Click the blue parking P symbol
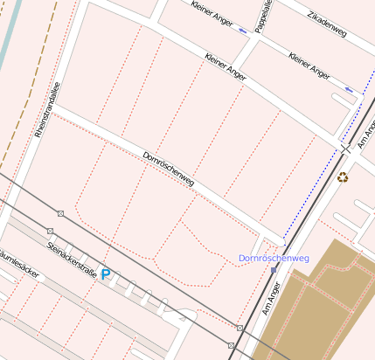106,274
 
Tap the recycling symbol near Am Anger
343,177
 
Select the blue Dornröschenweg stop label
274,259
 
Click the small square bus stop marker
274,270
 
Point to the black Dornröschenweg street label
168,169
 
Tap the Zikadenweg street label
328,25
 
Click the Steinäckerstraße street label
71,254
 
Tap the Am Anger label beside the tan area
273,297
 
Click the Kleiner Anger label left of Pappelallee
212,13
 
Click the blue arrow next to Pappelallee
242,30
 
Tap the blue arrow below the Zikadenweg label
349,89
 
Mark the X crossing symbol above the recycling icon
346,149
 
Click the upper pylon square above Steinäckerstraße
60,213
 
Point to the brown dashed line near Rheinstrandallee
35,87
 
